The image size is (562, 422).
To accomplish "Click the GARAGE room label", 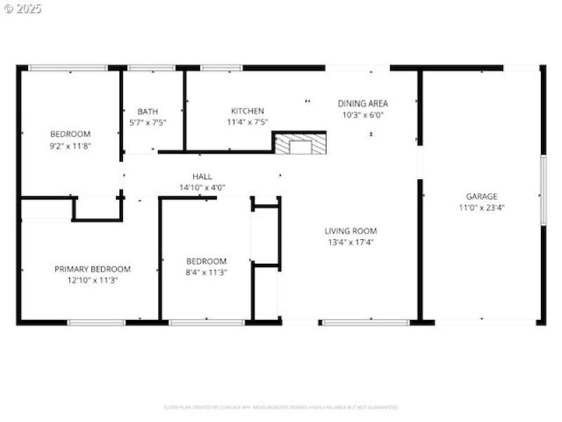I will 481,196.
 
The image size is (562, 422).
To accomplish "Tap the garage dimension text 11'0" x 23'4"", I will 481,207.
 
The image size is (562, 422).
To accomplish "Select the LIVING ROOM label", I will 351,231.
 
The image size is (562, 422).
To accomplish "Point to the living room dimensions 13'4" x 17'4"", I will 351,242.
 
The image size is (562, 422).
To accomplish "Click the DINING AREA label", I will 362,103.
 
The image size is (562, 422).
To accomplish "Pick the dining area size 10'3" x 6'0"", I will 362,115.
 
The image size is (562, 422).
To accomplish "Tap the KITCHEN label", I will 248,110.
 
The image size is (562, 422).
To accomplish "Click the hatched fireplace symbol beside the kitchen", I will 300,144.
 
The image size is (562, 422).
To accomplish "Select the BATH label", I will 148,111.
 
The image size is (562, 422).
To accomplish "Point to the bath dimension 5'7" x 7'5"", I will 148,122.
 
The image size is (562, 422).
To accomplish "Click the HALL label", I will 202,177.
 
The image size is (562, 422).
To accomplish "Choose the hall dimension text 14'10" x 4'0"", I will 202,188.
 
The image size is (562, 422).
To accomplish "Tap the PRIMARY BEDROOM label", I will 93,269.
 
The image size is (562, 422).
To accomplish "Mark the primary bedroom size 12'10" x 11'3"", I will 93,280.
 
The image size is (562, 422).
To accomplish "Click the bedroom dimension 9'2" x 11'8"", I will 70,146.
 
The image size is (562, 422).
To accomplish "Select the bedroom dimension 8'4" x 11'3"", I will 207,272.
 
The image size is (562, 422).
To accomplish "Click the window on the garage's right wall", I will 542,191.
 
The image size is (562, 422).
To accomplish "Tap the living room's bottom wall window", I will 365,322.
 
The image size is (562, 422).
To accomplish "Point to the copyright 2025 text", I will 22,8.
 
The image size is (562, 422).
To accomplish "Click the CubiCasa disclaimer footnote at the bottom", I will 281,407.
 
